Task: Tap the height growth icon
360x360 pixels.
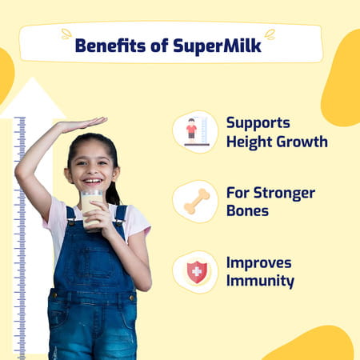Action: [x=195, y=130]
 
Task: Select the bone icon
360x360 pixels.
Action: [x=195, y=201]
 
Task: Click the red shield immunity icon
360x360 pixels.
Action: [x=195, y=272]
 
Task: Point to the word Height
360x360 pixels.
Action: [x=250, y=142]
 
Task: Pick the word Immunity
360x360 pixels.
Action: [x=260, y=282]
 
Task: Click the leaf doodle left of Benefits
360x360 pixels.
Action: [x=66, y=34]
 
